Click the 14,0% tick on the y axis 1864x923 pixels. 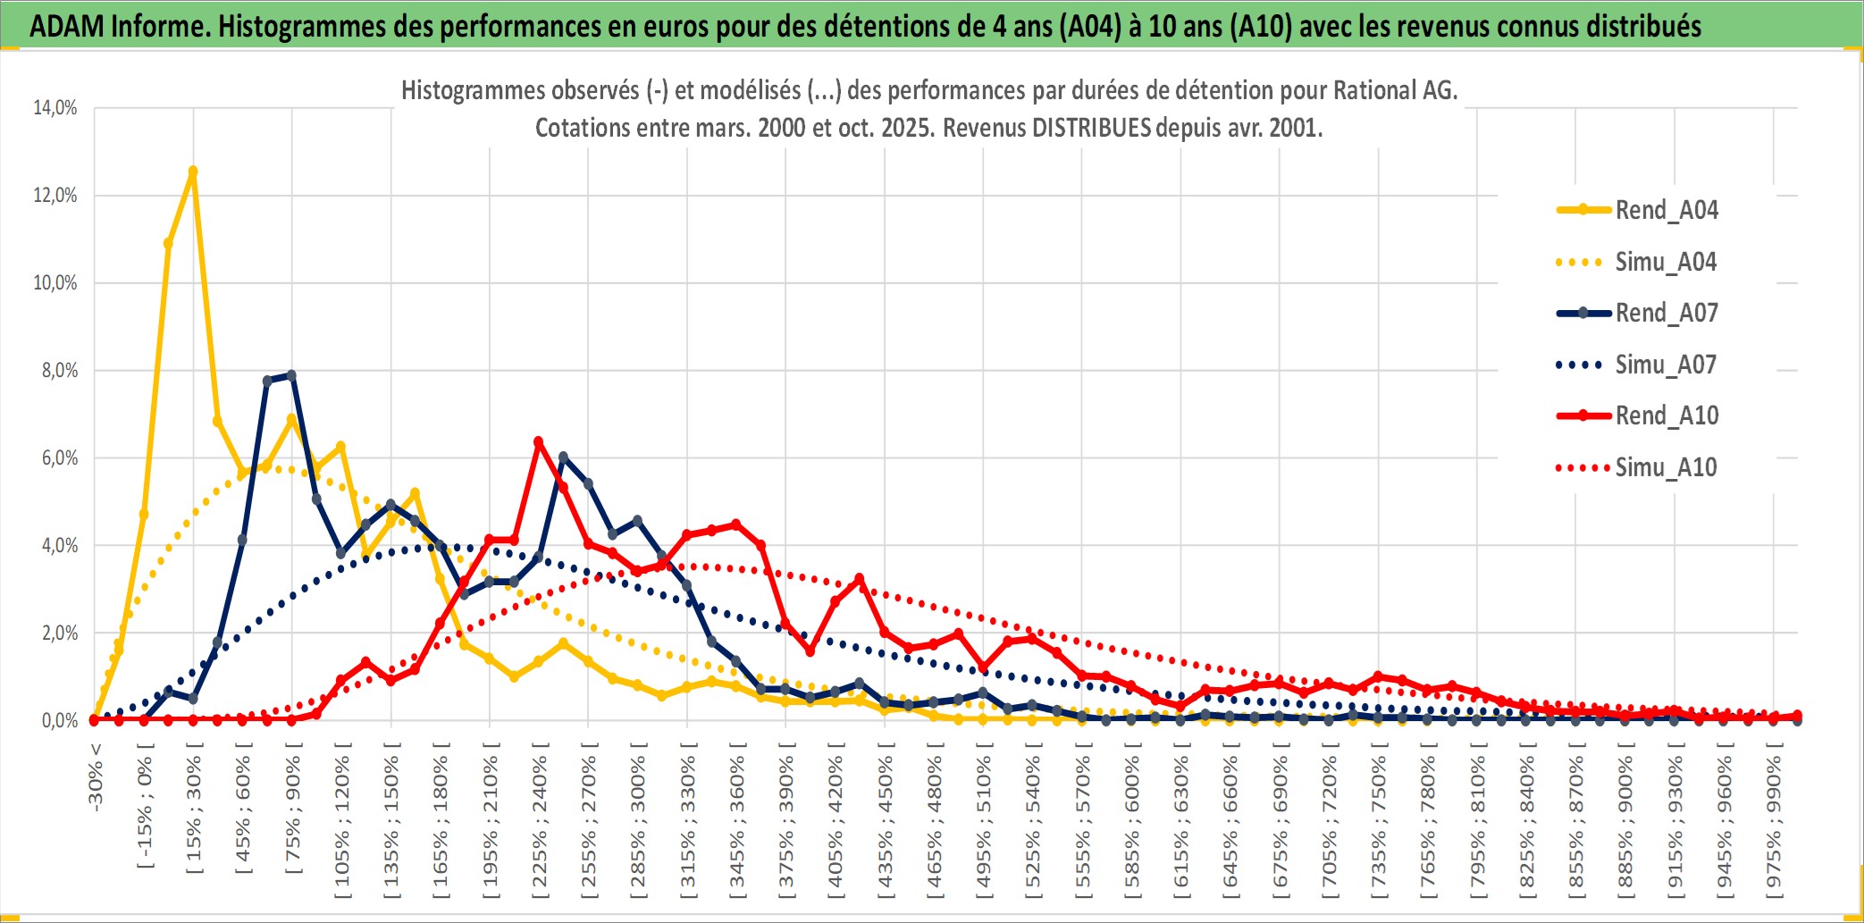(x=55, y=108)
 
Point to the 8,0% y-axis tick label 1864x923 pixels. (x=59, y=371)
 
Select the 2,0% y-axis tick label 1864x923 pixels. (x=59, y=634)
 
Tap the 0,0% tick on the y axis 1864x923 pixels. (x=59, y=720)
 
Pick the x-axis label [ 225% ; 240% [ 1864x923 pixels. (x=540, y=822)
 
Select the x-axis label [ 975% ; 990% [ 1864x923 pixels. (x=1774, y=822)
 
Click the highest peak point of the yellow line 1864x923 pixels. (x=193, y=171)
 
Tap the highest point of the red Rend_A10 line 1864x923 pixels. (x=538, y=441)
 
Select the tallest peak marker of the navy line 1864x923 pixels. (x=291, y=375)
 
